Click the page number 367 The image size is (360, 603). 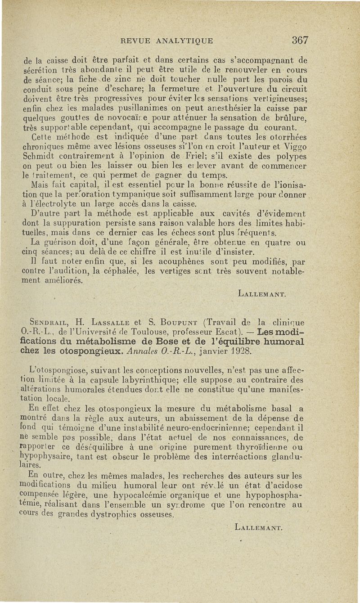point(300,40)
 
